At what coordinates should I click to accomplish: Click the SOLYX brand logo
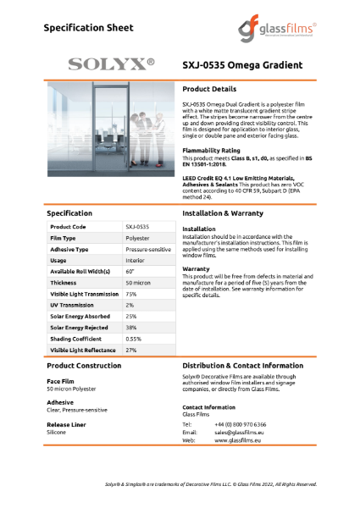tap(111, 64)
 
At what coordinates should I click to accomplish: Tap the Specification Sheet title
tap(89, 28)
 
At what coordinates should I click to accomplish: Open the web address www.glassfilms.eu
tap(238, 440)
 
